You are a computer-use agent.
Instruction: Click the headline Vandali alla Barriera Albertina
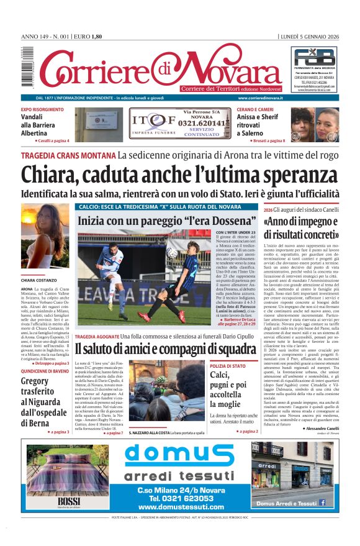point(42,125)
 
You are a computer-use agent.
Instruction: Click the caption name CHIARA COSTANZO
point(39,281)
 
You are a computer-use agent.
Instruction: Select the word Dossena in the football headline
point(225,221)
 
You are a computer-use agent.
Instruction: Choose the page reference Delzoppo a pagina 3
point(45,363)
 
